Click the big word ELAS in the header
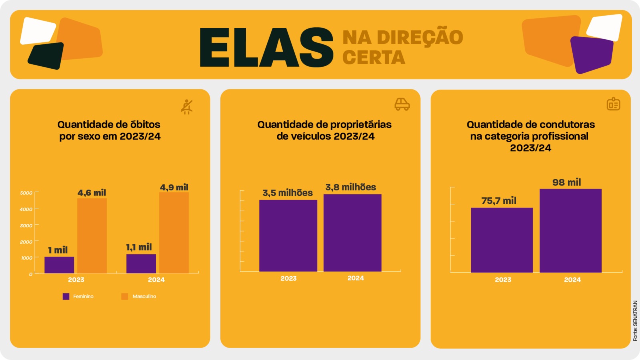(266, 48)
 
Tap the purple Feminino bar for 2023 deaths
(59, 265)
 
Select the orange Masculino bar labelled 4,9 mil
(174, 232)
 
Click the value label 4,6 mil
(92, 193)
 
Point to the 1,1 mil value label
(139, 247)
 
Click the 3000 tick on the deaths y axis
(26, 226)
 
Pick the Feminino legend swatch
(66, 296)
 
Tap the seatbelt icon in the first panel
(186, 107)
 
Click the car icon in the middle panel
(402, 104)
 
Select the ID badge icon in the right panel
(613, 104)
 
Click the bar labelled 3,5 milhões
(288, 236)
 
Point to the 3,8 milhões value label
(350, 187)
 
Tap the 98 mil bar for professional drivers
(570, 230)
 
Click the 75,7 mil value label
(499, 201)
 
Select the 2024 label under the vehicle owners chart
(356, 278)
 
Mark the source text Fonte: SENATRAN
(635, 321)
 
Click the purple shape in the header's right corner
(592, 54)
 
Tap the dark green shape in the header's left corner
(46, 56)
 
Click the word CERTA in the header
(374, 58)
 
